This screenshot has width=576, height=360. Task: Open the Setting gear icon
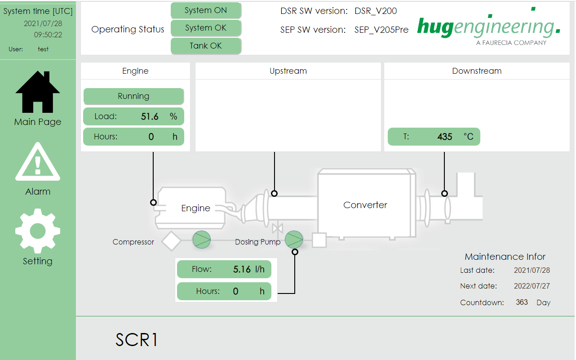coord(38,231)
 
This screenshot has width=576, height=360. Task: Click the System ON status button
coord(206,10)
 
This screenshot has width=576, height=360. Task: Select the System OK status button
coord(206,28)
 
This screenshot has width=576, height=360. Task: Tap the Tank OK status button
coord(206,45)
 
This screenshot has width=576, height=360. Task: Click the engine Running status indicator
coord(133,96)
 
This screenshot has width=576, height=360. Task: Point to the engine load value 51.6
coord(150,116)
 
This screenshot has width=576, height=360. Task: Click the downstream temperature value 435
coord(445,137)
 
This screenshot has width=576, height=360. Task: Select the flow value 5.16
coord(242,269)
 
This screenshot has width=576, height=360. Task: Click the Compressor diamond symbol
coord(171,241)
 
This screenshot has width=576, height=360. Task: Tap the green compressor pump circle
coord(202,240)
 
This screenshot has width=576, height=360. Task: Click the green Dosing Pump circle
coord(294,240)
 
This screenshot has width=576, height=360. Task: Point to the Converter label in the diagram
coord(365,205)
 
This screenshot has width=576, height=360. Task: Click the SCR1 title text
coord(137,340)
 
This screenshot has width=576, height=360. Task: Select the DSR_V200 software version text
coord(376,11)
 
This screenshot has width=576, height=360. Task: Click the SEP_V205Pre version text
coord(381,30)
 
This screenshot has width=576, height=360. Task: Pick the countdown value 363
coord(522,302)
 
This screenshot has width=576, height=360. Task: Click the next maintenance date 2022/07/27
coord(532,286)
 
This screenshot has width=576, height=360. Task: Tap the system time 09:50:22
coord(48,35)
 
